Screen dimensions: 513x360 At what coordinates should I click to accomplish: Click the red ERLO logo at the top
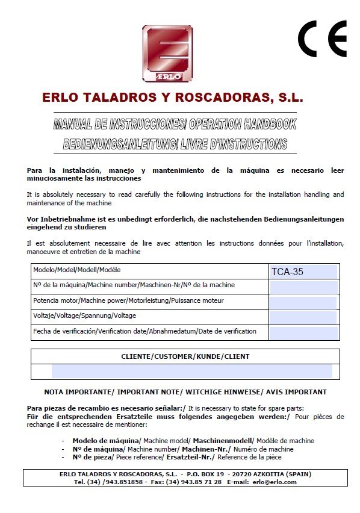pos(167,54)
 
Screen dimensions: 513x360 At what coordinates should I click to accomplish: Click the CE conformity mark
pos(322,39)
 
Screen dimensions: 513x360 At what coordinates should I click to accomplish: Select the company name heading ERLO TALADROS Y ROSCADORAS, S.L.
pos(173,98)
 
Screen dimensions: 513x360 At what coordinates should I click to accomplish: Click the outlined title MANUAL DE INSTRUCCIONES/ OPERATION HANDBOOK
pos(175,125)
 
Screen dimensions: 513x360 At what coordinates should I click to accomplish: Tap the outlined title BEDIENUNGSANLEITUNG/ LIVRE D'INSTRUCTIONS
pos(175,145)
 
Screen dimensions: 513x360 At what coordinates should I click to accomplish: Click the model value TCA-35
pos(287,272)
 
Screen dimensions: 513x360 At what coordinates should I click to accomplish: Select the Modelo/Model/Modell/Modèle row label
pos(77,270)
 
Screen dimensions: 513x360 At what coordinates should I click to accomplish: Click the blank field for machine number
pos(303,287)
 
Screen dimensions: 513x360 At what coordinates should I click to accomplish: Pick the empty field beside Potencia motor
pos(303,302)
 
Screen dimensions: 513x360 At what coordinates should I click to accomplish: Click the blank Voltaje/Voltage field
pos(303,317)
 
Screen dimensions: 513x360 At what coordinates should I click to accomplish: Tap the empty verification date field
pos(303,333)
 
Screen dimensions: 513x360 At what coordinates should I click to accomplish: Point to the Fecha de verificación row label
pos(144,332)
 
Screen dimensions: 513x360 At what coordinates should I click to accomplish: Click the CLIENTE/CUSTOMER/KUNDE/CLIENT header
pos(185,356)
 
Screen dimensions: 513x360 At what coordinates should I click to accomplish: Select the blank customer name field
pos(191,372)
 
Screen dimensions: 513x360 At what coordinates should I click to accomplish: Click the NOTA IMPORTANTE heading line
pos(185,392)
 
